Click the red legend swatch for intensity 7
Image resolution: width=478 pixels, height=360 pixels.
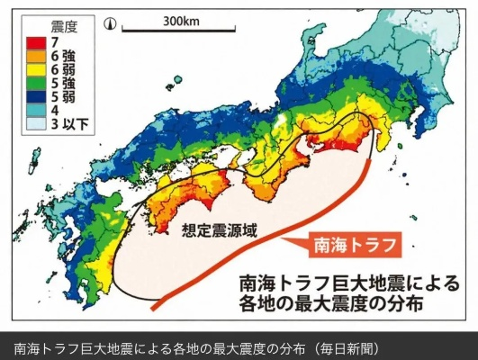coord(32,40)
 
